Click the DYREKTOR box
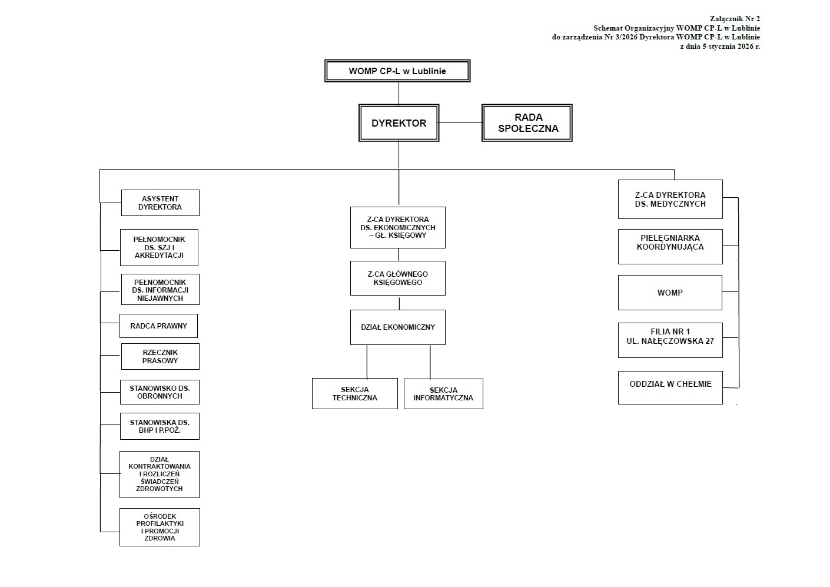click(399, 122)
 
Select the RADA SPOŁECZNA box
click(527, 122)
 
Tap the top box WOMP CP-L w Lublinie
click(397, 71)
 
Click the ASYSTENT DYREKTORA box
click(160, 203)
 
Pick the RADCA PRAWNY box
click(158, 326)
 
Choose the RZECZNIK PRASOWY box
click(160, 357)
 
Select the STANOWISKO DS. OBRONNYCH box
click(160, 392)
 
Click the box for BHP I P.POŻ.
click(160, 426)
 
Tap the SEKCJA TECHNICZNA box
click(354, 393)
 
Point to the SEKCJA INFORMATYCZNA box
click(443, 394)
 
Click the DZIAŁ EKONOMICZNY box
click(398, 327)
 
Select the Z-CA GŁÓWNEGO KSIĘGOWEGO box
click(398, 278)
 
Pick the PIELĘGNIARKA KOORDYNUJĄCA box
click(670, 247)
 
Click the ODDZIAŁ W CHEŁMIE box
click(670, 387)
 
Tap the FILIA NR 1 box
click(670, 340)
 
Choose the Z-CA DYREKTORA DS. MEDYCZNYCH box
click(670, 200)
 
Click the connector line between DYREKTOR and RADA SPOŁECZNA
click(460, 122)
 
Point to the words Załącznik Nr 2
click(735, 18)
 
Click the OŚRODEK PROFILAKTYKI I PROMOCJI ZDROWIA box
click(160, 527)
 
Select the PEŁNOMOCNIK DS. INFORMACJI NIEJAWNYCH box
click(160, 290)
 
